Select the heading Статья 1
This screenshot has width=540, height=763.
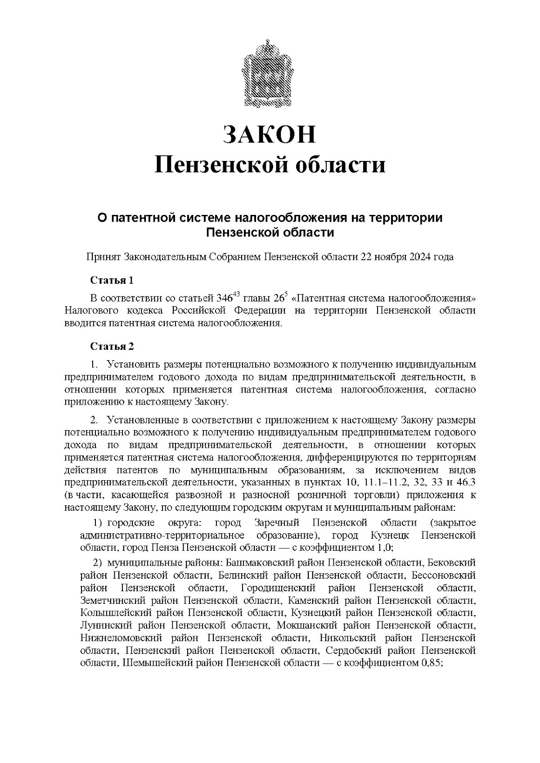tap(112, 281)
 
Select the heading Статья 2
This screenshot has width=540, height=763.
tap(112, 347)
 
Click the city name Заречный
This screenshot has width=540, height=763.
tap(274, 523)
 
